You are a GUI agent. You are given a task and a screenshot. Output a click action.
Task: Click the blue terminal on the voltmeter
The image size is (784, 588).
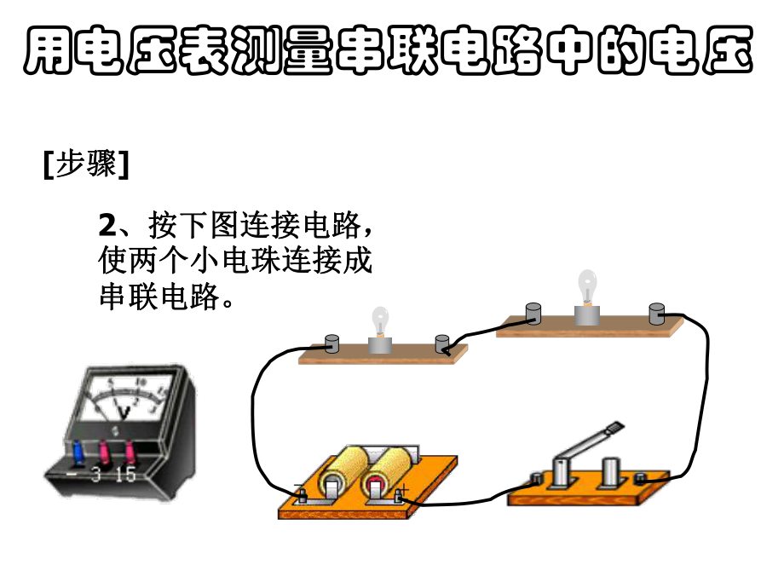coord(78,448)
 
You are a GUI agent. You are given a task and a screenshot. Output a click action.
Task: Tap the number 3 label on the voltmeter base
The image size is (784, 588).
coord(95,476)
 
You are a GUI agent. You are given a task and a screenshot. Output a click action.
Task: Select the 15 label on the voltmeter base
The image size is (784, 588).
coord(125,476)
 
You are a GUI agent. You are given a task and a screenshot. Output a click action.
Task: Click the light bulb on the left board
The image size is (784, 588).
coord(378,325)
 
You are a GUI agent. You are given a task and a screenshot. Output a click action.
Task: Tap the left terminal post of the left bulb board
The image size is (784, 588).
coord(332,345)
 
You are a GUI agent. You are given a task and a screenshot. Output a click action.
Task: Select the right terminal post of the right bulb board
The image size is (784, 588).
coord(656,313)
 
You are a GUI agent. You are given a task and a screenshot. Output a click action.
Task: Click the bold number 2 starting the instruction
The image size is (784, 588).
coord(107,225)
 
